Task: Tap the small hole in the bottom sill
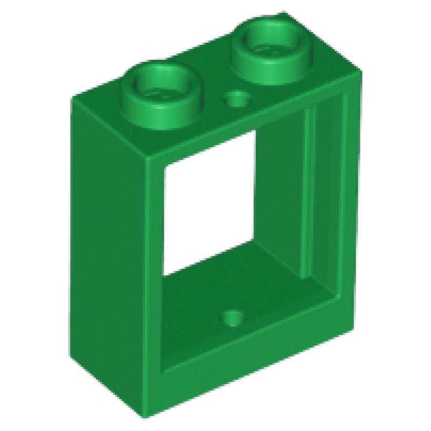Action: pos(233,317)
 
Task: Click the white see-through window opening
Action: pos(207,205)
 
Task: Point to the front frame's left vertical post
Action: pos(154,269)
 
